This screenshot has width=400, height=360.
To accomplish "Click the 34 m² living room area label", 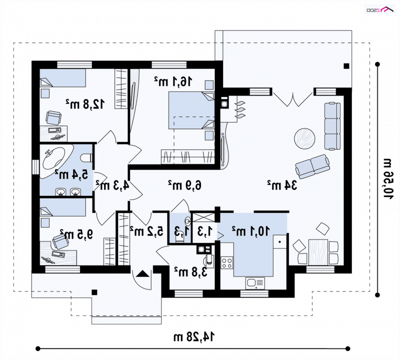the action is click(x=282, y=185).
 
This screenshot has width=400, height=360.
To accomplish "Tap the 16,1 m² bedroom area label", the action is click(x=173, y=81).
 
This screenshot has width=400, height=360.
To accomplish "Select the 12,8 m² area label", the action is click(x=85, y=104).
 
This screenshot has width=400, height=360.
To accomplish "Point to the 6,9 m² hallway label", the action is click(x=184, y=185).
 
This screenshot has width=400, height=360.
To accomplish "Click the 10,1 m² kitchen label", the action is click(x=250, y=231).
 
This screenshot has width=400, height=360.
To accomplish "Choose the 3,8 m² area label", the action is click(x=190, y=272).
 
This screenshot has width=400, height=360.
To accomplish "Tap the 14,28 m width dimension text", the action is click(x=194, y=337).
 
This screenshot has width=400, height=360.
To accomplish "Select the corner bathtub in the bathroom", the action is click(x=56, y=161).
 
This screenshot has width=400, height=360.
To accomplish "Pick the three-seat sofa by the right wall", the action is click(x=332, y=126).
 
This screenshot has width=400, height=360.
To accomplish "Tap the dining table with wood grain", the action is click(x=318, y=252).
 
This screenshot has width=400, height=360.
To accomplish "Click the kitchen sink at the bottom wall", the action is click(x=255, y=283).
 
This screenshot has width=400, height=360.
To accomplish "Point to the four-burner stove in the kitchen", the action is click(x=227, y=263).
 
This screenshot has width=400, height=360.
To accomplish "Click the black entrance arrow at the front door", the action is click(x=142, y=274).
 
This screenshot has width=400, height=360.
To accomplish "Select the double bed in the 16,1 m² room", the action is click(x=191, y=110).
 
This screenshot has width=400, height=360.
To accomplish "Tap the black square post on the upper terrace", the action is click(x=346, y=66).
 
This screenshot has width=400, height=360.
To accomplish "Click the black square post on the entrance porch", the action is click(x=94, y=292).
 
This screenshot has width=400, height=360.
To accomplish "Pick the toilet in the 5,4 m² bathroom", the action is click(x=86, y=158).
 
